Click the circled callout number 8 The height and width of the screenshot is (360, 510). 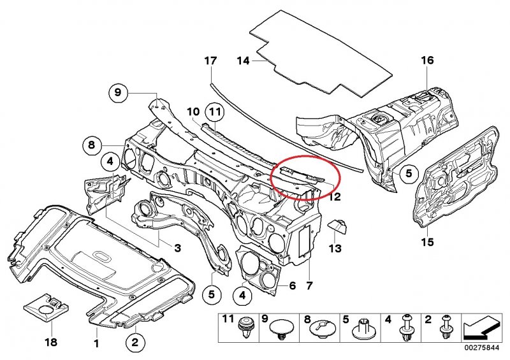click(x=91, y=145)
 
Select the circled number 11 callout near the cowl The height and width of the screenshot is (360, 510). click(x=215, y=113)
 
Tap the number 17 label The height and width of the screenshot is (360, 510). click(x=210, y=61)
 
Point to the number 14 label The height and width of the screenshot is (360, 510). click(x=242, y=61)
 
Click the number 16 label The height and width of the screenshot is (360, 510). click(x=426, y=61)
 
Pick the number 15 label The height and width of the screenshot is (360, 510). click(x=427, y=242)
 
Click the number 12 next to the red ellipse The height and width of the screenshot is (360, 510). click(x=333, y=196)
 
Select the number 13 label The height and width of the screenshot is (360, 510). click(x=335, y=247)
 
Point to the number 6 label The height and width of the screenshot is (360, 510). click(x=292, y=286)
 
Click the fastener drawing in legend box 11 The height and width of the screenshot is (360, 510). click(x=245, y=330)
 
